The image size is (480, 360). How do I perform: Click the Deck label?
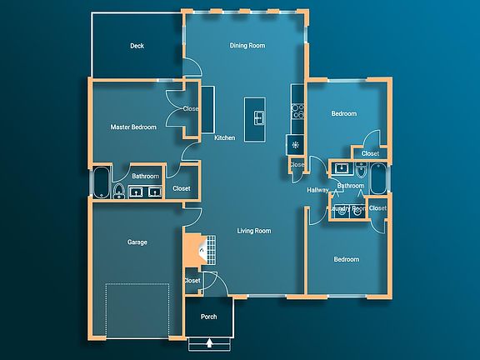137,46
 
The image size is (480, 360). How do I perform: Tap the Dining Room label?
247,46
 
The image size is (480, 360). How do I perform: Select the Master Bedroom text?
134,127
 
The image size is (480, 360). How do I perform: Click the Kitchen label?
224,137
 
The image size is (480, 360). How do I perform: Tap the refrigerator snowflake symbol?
294,144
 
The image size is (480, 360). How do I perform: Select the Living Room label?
254,231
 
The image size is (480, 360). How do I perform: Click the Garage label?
137,242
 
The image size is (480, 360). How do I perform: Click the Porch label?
209,317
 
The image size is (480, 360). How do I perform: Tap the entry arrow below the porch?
209,342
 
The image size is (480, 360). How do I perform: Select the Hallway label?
317,190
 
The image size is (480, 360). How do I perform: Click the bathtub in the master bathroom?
101,182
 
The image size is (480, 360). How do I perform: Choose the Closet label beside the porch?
192,281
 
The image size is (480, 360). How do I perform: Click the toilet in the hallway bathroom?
359,170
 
